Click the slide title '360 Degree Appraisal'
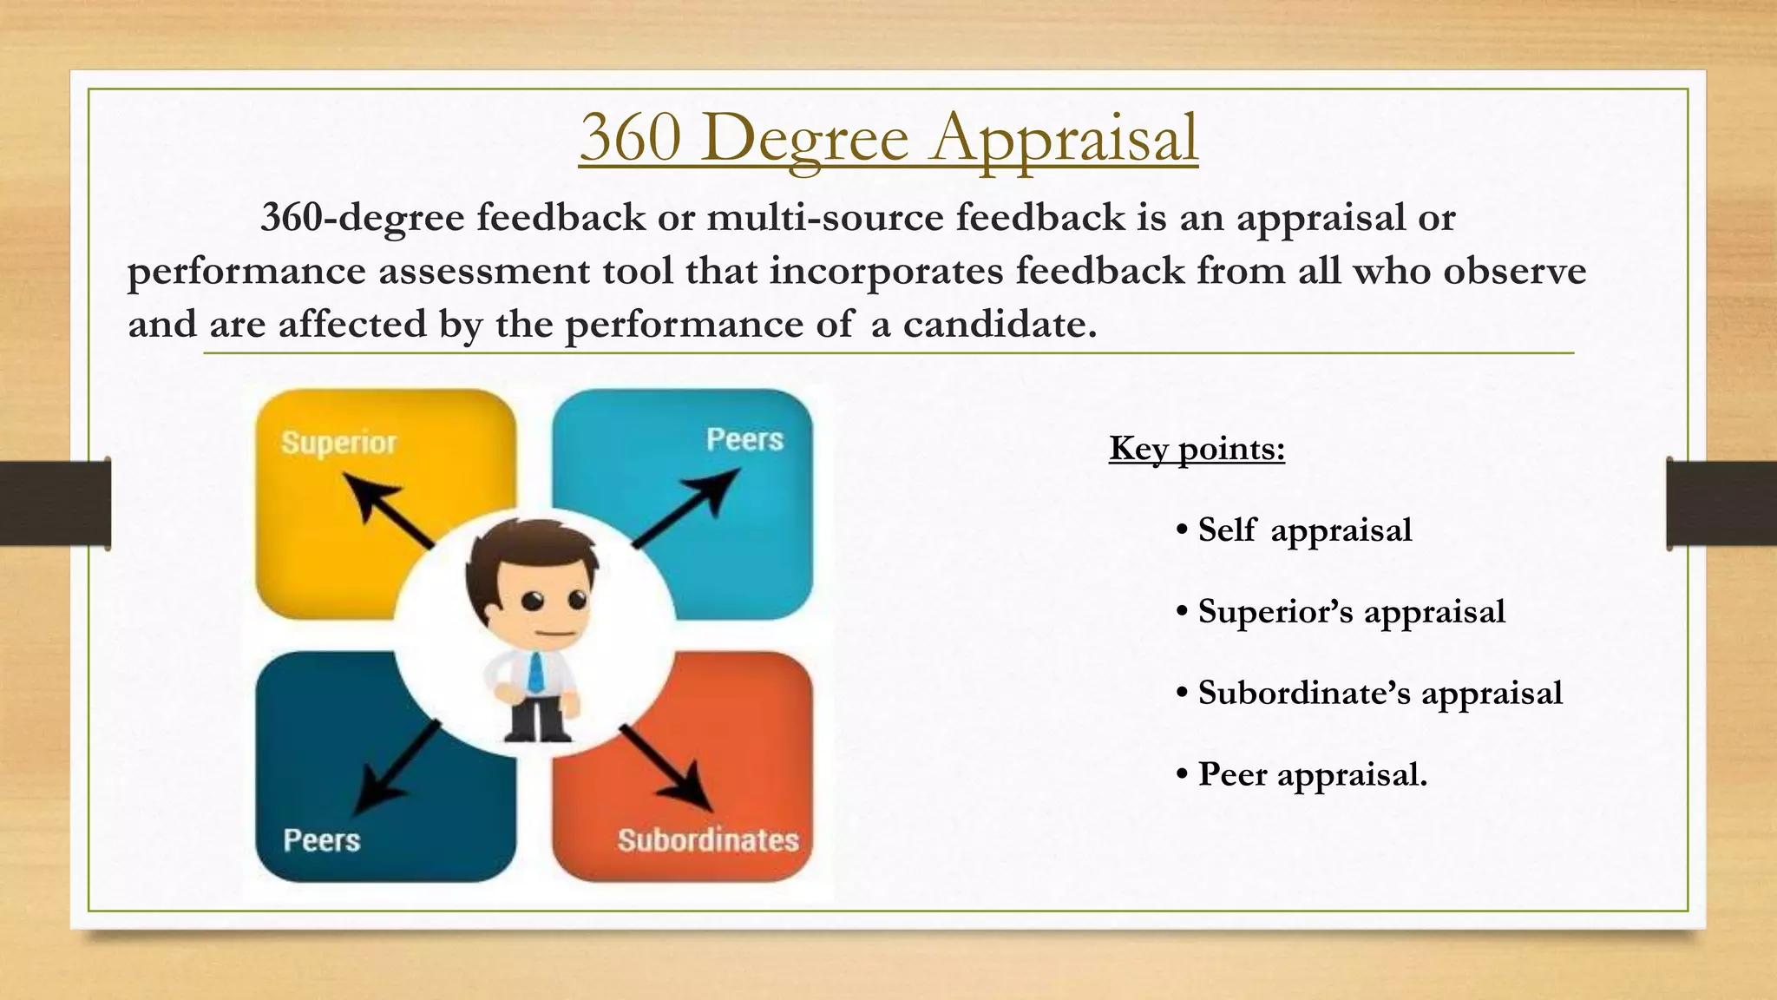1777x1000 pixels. [888, 139]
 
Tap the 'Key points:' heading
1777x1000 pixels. [1197, 449]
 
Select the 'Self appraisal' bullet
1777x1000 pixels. [1304, 530]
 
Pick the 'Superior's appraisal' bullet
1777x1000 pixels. [1351, 612]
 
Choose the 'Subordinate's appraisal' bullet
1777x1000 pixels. [1380, 694]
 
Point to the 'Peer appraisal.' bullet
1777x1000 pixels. [1312, 774]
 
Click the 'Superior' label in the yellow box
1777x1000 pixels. [338, 443]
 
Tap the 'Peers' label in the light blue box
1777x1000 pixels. [744, 439]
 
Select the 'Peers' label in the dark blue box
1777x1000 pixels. [321, 840]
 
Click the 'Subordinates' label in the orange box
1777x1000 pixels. [708, 840]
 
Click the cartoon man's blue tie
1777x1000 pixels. [537, 671]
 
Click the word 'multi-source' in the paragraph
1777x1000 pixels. [824, 217]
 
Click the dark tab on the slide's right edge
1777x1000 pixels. [1721, 503]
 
